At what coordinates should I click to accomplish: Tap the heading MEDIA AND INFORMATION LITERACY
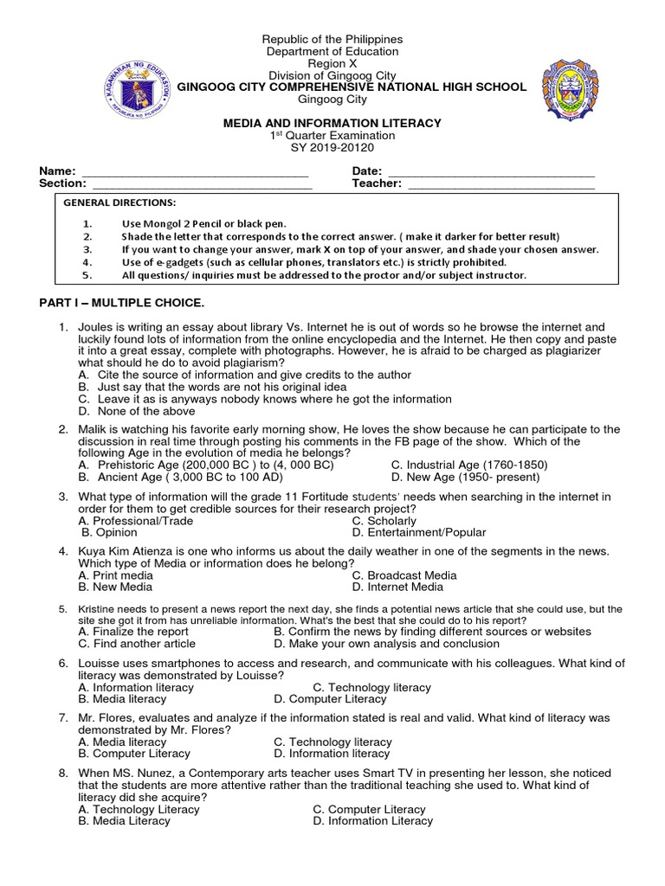pyautogui.click(x=332, y=124)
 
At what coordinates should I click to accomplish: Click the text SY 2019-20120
pyautogui.click(x=332, y=148)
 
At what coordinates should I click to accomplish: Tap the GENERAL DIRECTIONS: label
pyautogui.click(x=119, y=202)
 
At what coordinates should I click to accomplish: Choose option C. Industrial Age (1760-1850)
pyautogui.click(x=468, y=465)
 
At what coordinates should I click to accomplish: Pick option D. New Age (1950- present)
pyautogui.click(x=465, y=477)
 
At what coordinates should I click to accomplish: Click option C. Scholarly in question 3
pyautogui.click(x=384, y=521)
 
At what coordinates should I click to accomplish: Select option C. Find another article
pyautogui.click(x=137, y=644)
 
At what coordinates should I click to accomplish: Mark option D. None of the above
pyautogui.click(x=127, y=411)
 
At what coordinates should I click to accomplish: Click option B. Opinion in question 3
pyautogui.click(x=108, y=533)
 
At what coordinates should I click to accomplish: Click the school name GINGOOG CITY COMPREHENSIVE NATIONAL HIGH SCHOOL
pyautogui.click(x=351, y=87)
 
